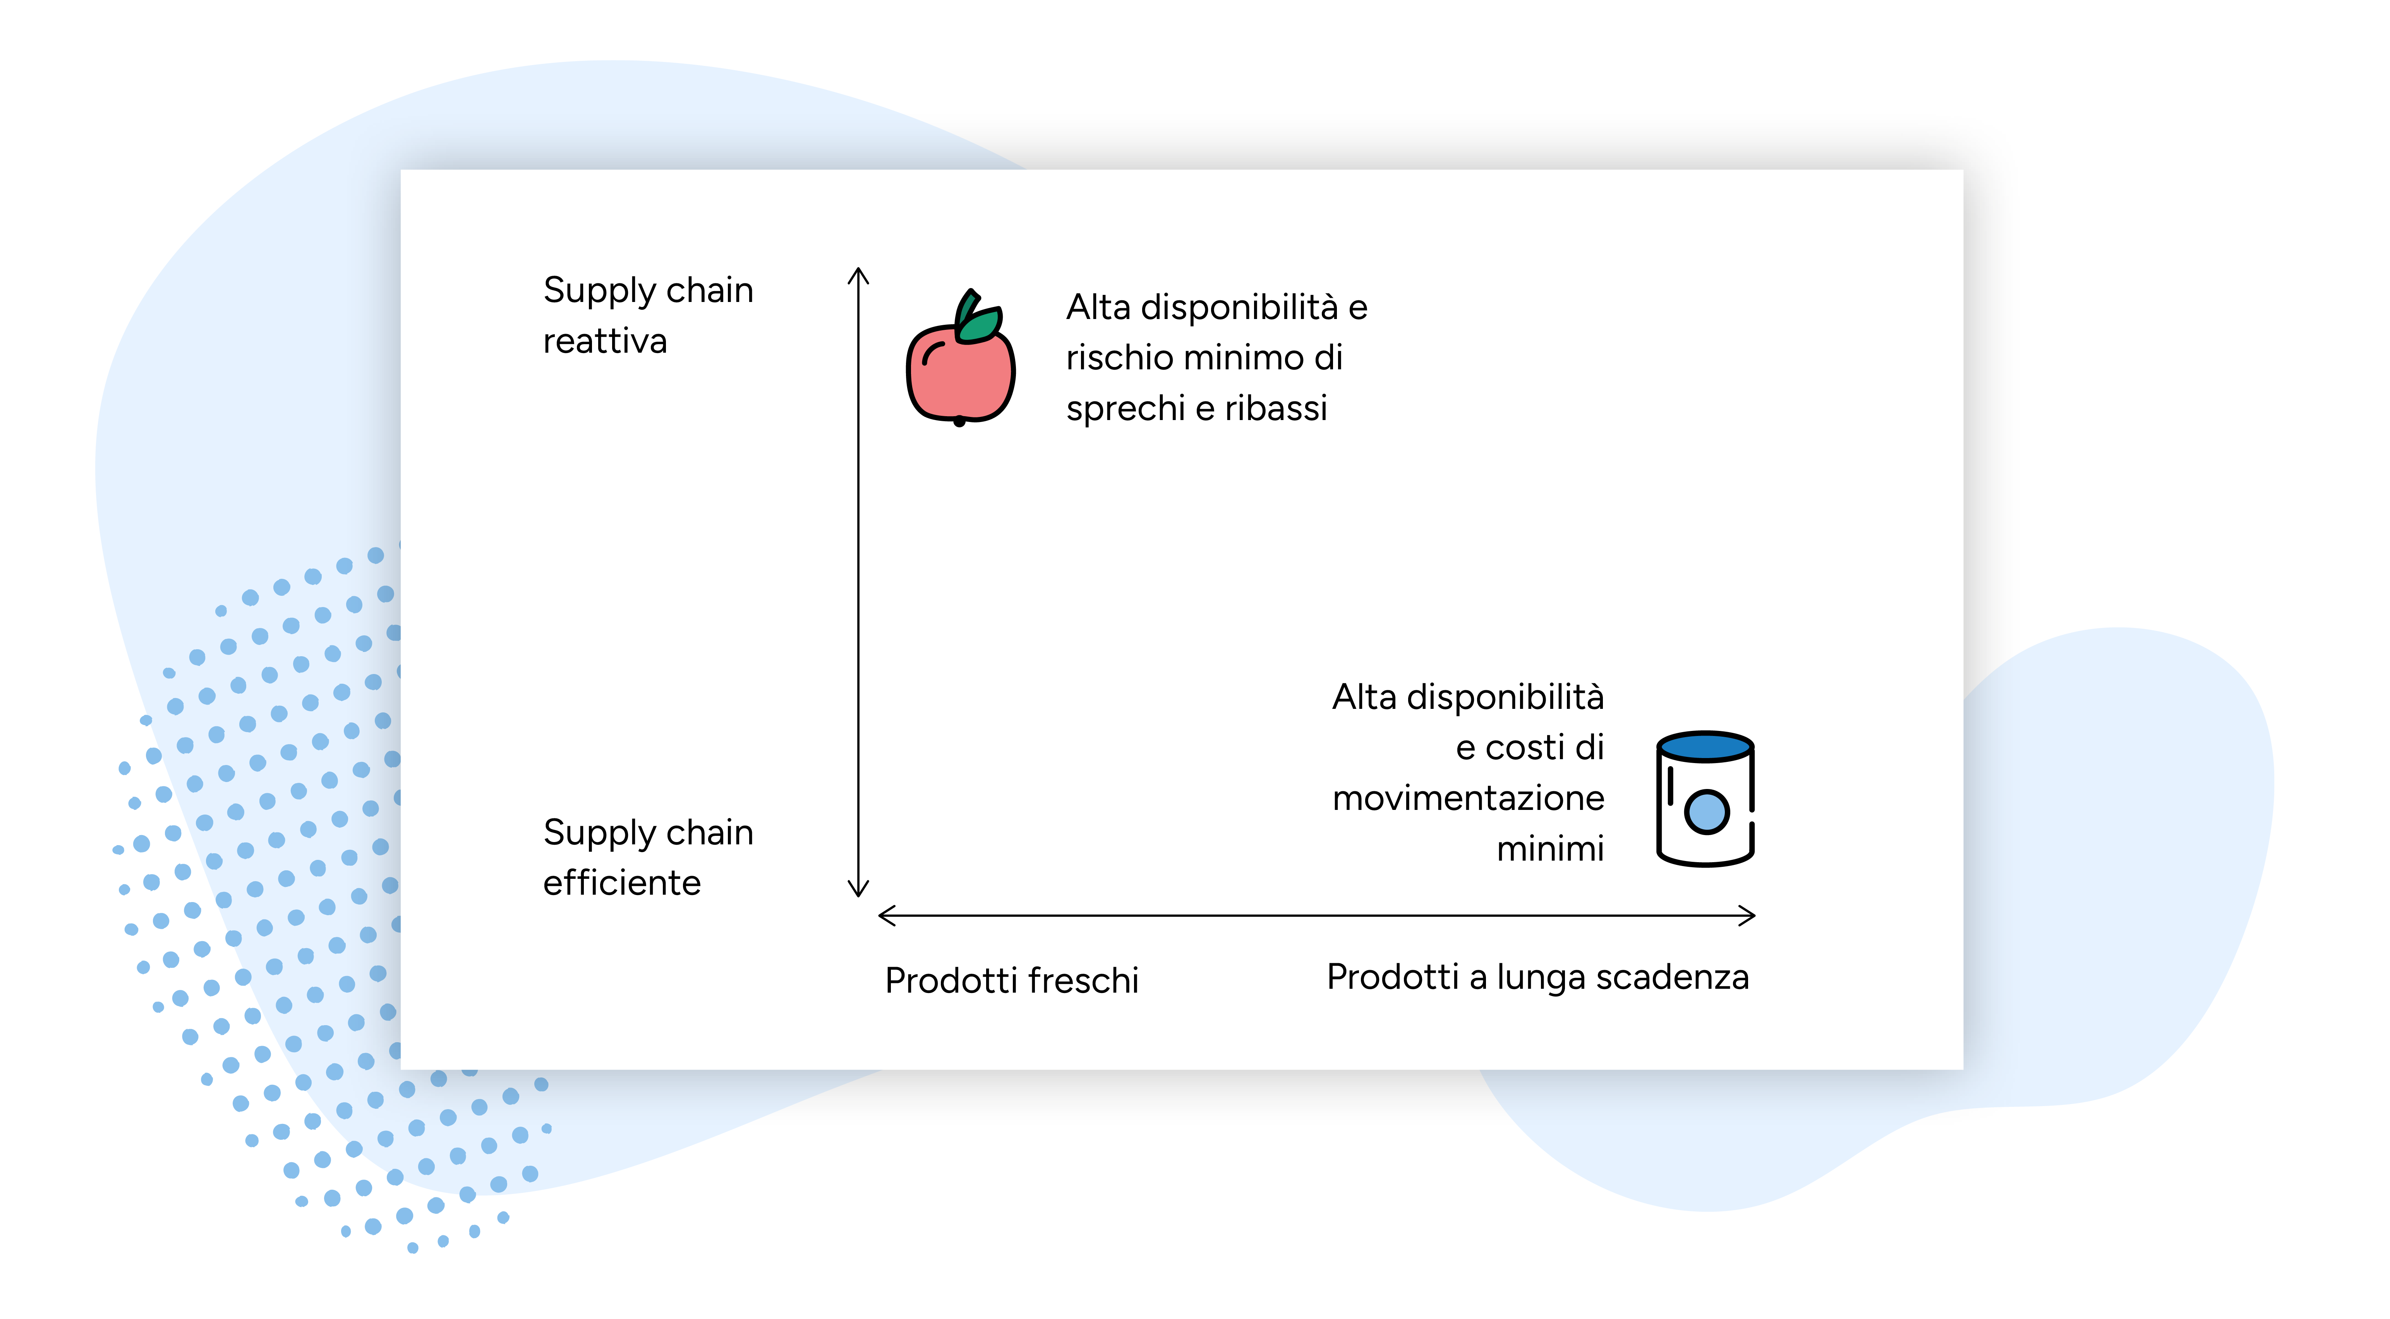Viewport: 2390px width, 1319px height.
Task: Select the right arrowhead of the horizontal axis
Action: [x=1746, y=916]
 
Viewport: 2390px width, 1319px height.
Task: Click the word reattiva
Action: [x=605, y=341]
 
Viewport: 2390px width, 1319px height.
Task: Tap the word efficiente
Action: [x=622, y=883]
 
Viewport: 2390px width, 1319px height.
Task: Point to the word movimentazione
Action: [x=1468, y=798]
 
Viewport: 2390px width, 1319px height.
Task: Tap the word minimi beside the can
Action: [x=1550, y=849]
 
